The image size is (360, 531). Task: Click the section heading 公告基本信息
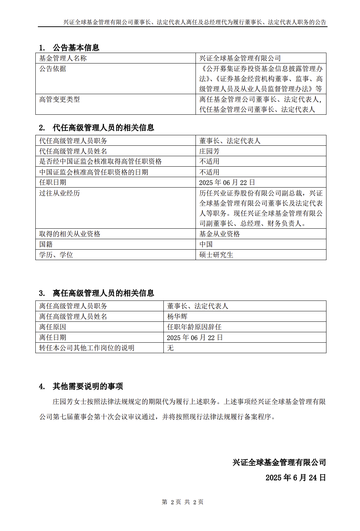pyautogui.click(x=76, y=48)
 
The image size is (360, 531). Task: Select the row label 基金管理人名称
pyautogui.click(x=63, y=58)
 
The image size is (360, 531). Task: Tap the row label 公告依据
pyautogui.click(x=53, y=69)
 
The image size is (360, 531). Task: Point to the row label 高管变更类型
pyautogui.click(x=60, y=99)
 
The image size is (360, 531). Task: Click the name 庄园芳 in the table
pyautogui.click(x=209, y=151)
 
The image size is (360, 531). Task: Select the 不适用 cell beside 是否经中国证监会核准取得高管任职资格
pyautogui.click(x=209, y=161)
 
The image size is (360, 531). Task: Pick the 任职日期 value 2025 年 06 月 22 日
pyautogui.click(x=227, y=183)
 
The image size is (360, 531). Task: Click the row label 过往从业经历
pyautogui.click(x=60, y=193)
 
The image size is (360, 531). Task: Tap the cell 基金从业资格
pyautogui.click(x=220, y=234)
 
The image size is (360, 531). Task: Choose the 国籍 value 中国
pyautogui.click(x=206, y=244)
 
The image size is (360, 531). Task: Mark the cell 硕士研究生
pyautogui.click(x=216, y=255)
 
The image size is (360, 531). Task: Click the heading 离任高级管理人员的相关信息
pyautogui.click(x=103, y=293)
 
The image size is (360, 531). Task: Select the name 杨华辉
pyautogui.click(x=177, y=316)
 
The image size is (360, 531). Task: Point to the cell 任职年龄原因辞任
pyautogui.click(x=194, y=327)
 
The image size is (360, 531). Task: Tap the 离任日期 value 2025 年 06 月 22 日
pyautogui.click(x=195, y=338)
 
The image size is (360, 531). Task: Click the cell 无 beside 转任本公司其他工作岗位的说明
pyautogui.click(x=170, y=348)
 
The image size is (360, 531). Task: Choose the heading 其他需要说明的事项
pyautogui.click(x=88, y=386)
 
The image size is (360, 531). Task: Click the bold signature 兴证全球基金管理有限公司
pyautogui.click(x=279, y=462)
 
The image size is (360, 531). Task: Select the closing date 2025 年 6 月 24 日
pyautogui.click(x=295, y=478)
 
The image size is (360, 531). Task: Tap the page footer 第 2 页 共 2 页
pyautogui.click(x=183, y=502)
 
